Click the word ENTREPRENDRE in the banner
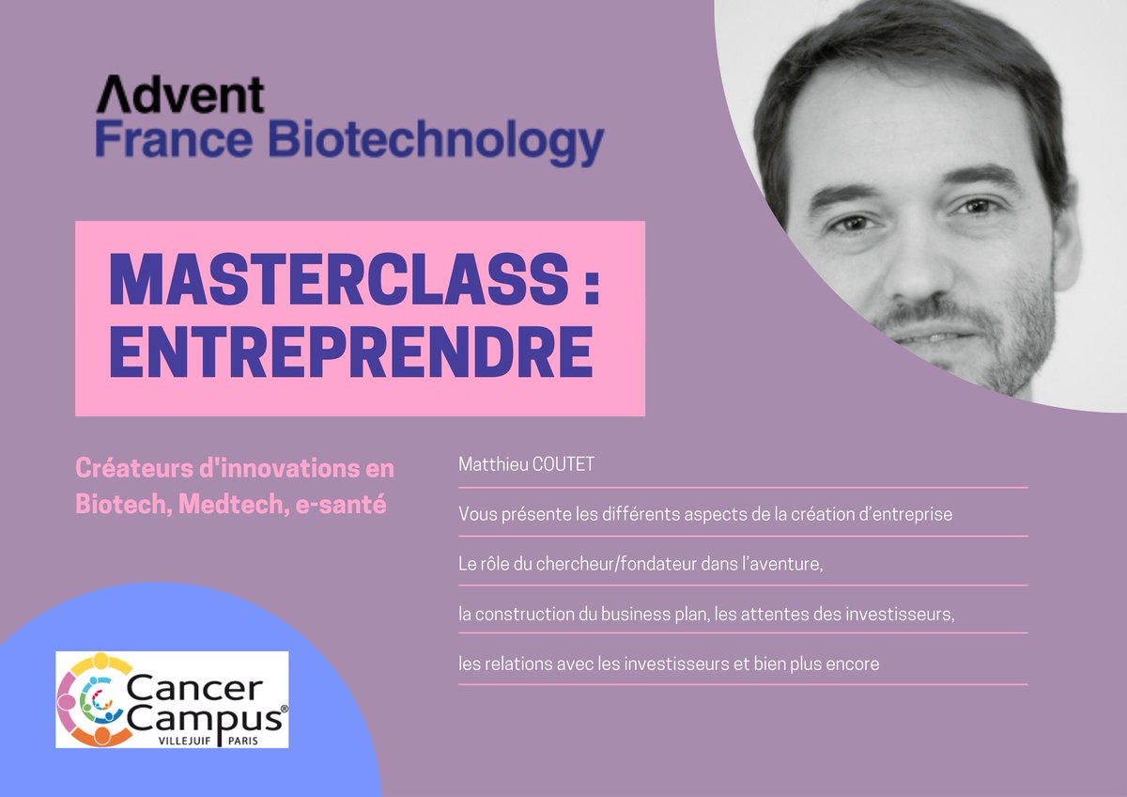[x=351, y=352]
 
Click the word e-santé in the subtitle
[x=345, y=505]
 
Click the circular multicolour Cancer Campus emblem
[x=90, y=699]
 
